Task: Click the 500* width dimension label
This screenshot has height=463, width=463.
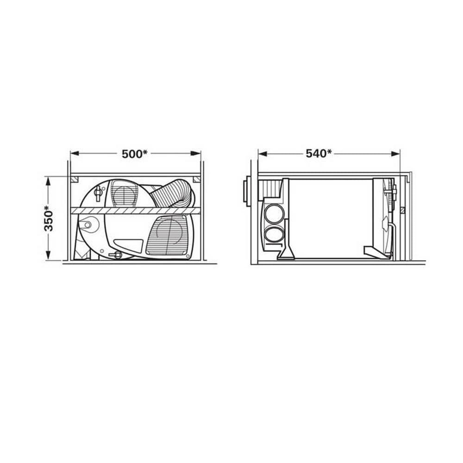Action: coord(135,154)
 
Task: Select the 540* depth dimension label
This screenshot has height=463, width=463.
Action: coord(319,153)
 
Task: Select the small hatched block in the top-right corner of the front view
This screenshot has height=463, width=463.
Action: coord(196,179)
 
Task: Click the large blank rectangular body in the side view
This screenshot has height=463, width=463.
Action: coord(332,218)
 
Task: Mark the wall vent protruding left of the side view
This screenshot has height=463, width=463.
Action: coord(244,193)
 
